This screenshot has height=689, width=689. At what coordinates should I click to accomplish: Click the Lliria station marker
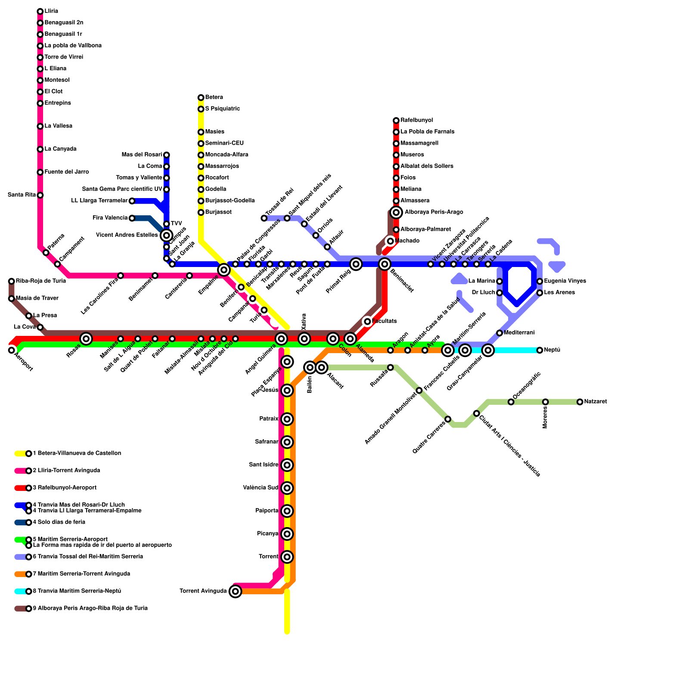[40, 11]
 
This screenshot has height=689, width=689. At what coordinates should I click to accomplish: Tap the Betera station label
[214, 97]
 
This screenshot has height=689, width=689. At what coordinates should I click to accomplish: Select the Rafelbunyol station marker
[396, 121]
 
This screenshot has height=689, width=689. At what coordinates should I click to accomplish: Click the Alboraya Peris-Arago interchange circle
[396, 212]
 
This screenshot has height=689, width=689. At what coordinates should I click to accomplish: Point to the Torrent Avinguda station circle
[235, 592]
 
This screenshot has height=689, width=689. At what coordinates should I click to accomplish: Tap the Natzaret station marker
[580, 402]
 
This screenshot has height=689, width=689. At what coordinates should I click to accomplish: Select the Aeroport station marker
[12, 350]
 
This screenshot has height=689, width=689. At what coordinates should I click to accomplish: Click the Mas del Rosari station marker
[167, 155]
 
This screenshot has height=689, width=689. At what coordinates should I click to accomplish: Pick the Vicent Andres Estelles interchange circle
[167, 235]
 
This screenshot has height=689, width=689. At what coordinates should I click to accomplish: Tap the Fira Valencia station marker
[132, 218]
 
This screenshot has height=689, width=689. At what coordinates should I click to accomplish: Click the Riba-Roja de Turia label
[41, 281]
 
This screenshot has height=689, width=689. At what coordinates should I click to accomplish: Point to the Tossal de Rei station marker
[264, 218]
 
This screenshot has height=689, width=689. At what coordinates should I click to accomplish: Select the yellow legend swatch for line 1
[20, 453]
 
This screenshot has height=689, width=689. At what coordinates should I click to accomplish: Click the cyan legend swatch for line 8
[20, 591]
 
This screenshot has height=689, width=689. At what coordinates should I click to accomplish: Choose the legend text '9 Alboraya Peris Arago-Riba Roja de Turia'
[90, 608]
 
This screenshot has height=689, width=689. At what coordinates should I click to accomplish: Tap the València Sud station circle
[287, 488]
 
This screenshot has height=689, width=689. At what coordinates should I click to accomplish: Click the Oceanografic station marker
[511, 402]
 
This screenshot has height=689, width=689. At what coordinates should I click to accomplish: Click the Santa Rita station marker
[40, 196]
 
